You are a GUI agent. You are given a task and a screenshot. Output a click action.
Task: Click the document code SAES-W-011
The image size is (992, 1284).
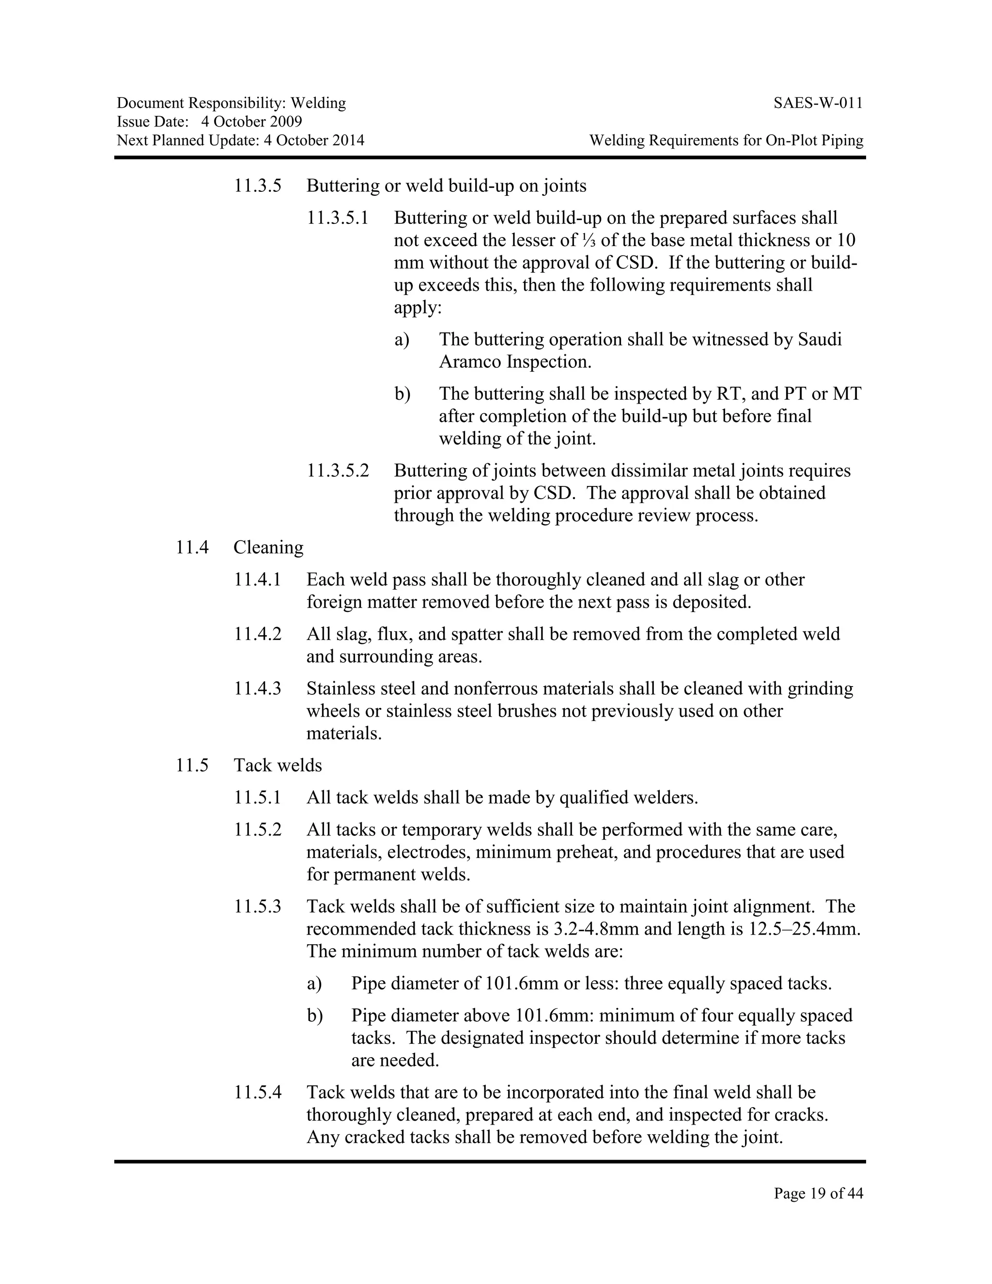[818, 104]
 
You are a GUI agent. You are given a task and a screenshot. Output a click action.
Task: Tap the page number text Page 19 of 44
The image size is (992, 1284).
[818, 1193]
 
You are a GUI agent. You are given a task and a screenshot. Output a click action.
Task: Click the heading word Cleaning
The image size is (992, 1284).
[268, 548]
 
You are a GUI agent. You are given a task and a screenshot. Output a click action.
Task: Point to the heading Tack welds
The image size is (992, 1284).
[278, 766]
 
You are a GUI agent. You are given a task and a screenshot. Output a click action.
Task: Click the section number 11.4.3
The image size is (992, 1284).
[257, 689]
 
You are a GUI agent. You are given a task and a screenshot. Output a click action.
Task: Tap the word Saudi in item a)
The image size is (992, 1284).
[820, 339]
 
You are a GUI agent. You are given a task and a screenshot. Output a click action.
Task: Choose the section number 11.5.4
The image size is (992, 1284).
[257, 1092]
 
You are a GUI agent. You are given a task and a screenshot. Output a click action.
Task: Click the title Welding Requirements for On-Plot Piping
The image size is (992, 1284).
[727, 141]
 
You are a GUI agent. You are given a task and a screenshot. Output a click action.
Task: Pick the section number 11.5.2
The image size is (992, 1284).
[257, 830]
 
